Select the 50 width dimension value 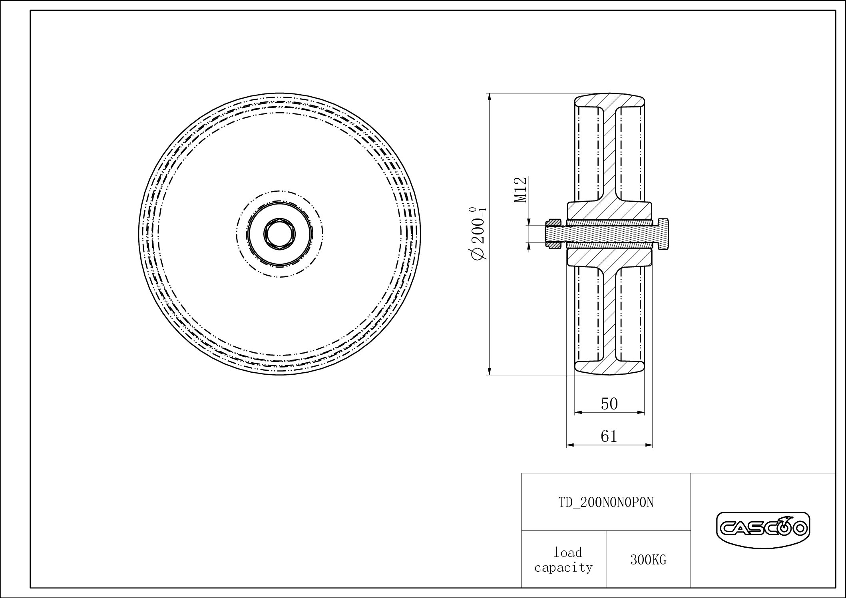(609, 404)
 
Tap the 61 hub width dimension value (609, 436)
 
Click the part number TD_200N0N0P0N (606, 503)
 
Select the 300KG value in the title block (648, 560)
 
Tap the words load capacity (563, 560)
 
